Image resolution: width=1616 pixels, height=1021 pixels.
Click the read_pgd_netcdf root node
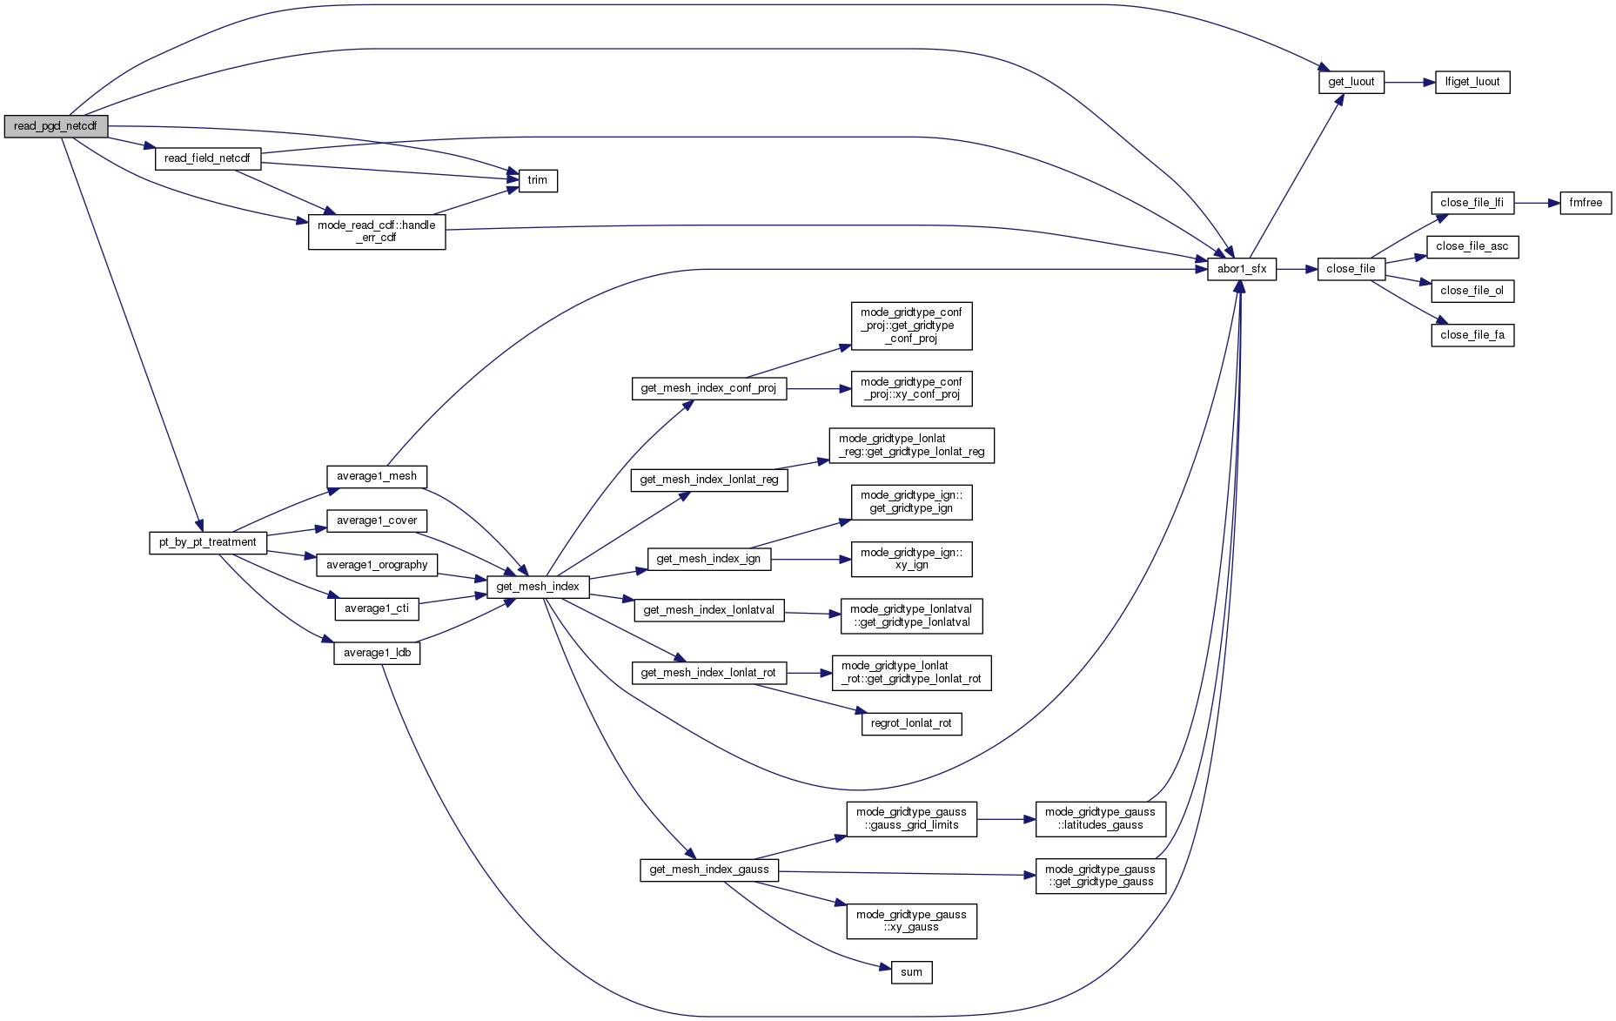click(56, 126)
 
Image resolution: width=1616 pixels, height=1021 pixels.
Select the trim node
click(538, 180)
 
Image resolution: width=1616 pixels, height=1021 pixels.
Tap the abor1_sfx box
click(1242, 269)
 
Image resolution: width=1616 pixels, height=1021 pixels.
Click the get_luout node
click(1351, 82)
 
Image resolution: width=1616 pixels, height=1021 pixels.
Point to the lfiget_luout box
click(1472, 82)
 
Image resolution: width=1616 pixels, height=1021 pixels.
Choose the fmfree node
click(1586, 203)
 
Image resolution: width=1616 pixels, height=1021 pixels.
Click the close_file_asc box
click(1473, 246)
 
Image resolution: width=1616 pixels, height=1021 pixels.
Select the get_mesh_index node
click(538, 587)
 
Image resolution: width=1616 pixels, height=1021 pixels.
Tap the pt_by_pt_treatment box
click(207, 542)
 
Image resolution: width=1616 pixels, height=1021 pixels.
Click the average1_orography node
click(377, 565)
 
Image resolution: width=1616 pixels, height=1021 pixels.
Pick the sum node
click(911, 972)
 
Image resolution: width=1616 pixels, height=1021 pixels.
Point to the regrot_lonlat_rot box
click(911, 723)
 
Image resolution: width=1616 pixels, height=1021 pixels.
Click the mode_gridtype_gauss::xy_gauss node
click(911, 921)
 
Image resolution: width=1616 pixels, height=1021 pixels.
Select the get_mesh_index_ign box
click(708, 559)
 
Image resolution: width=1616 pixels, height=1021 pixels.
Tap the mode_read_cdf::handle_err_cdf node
click(377, 232)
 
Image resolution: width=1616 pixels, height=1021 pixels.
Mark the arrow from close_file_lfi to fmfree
click(1537, 203)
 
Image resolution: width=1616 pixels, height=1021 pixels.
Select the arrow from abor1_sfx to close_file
click(1297, 269)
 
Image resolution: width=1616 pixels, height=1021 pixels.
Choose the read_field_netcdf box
click(207, 158)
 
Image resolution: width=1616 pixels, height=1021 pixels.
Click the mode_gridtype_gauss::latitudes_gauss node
click(1100, 819)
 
